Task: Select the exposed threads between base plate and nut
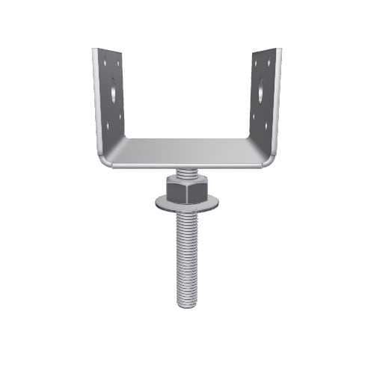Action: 187,174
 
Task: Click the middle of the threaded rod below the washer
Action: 187,254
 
